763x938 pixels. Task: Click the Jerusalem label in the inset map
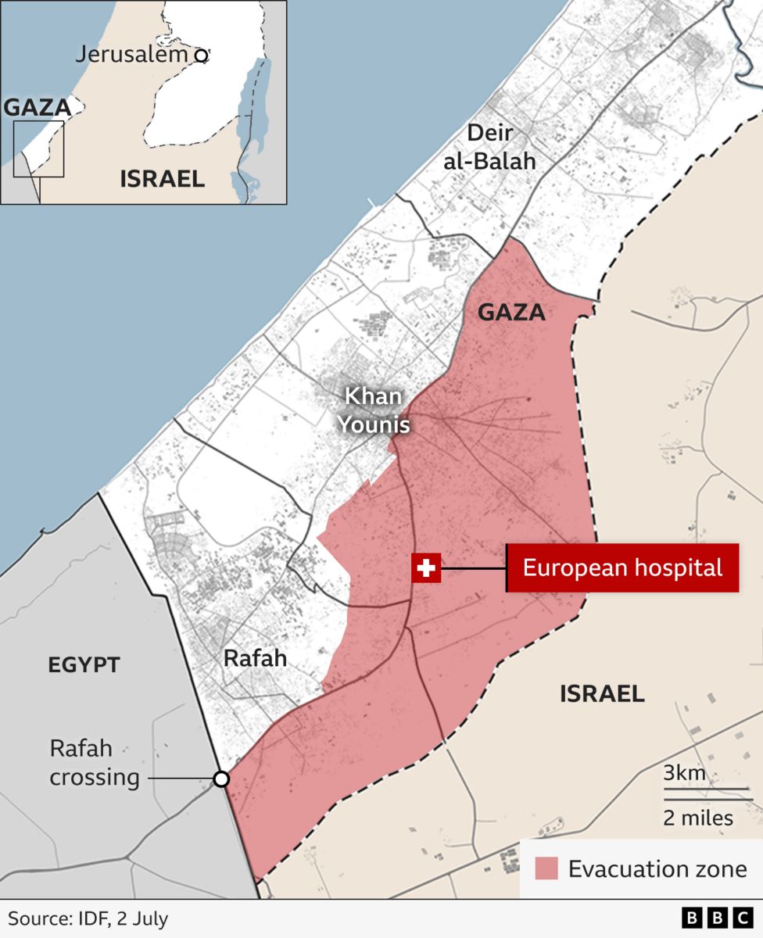pyautogui.click(x=132, y=54)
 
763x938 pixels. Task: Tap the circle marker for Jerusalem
pyautogui.click(x=202, y=55)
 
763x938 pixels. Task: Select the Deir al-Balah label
pyautogui.click(x=501, y=147)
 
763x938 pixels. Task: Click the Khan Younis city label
pyautogui.click(x=374, y=410)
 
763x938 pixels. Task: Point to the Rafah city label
pyautogui.click(x=255, y=658)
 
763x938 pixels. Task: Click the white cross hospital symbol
pyautogui.click(x=427, y=568)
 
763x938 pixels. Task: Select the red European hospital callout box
pyautogui.click(x=622, y=567)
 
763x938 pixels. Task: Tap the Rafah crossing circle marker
pyautogui.click(x=221, y=779)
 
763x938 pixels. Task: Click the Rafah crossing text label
pyautogui.click(x=95, y=763)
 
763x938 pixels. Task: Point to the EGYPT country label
pyautogui.click(x=84, y=666)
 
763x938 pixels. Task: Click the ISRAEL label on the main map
pyautogui.click(x=602, y=693)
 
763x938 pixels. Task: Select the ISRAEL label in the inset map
pyautogui.click(x=162, y=179)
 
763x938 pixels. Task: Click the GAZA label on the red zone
pyautogui.click(x=511, y=313)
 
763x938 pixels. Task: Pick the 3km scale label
pyautogui.click(x=685, y=775)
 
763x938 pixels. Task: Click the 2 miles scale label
pyautogui.click(x=698, y=818)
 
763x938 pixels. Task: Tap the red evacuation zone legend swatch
pyautogui.click(x=546, y=868)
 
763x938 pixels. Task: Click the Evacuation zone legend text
pyautogui.click(x=657, y=869)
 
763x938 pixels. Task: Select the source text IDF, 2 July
pyautogui.click(x=88, y=918)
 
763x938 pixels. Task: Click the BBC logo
pyautogui.click(x=717, y=918)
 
